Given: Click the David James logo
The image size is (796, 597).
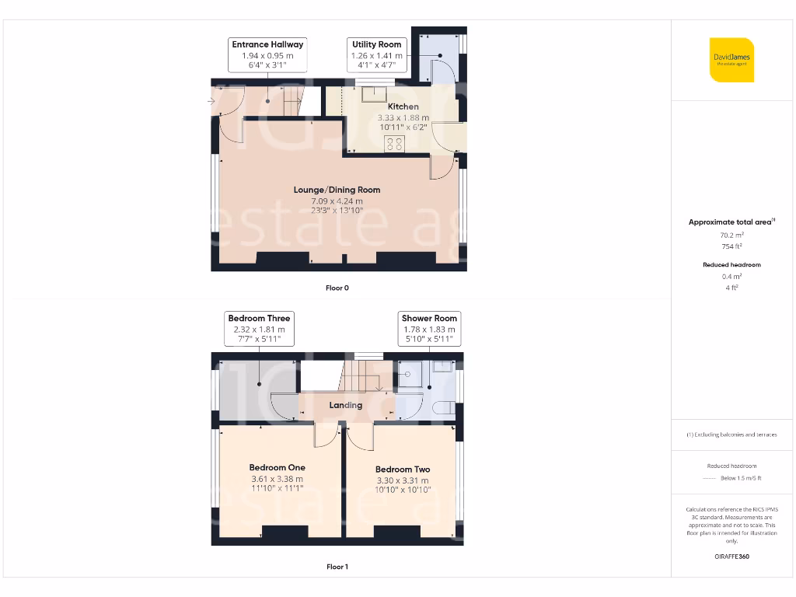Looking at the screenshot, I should point(731,60).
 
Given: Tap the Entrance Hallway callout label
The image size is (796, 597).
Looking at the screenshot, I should point(267,45).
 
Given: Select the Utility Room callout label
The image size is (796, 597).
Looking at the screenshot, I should point(377,45).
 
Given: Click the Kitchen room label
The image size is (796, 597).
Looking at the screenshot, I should point(403,106).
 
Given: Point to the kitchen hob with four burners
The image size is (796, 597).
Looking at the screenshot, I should point(395,143).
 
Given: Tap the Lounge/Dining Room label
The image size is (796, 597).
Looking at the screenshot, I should point(337,190).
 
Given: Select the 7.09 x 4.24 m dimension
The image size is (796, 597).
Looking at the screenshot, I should point(337,201).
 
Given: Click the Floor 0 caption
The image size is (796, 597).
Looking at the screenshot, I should point(337,288).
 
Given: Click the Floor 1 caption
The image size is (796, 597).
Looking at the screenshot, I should point(337,567).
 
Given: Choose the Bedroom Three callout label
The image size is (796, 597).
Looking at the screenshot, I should point(259,318).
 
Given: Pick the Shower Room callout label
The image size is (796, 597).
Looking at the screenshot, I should point(429,318).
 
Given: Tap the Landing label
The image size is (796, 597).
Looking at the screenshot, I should point(345,405).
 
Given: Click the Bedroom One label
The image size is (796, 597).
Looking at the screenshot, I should point(277,467).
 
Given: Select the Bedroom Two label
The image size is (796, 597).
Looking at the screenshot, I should point(402,470).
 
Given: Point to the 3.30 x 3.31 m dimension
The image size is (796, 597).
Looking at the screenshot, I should point(402,480).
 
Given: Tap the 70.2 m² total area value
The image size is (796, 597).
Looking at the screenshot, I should point(731,234).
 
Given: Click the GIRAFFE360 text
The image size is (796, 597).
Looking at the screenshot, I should point(731,557).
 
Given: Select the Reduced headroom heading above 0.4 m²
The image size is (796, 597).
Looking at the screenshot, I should point(731,265).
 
